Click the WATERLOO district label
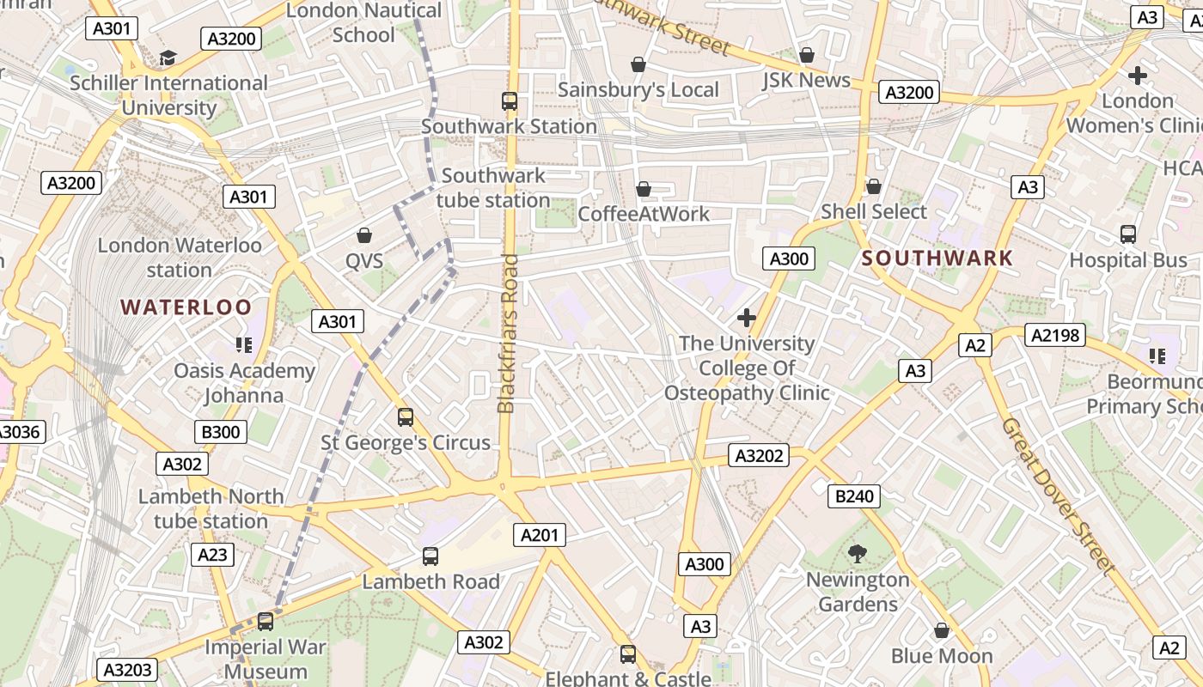186,307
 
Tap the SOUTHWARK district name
937,258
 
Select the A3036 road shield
19,431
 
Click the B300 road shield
220,431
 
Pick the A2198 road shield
1054,335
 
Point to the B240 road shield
854,495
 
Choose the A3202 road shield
760,455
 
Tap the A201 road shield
540,535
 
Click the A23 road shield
212,555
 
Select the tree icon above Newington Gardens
857,554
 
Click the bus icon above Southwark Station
510,101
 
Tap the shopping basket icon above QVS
364,235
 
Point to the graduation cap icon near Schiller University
168,58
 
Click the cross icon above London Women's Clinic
1138,76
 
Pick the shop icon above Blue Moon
942,630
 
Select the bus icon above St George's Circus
406,417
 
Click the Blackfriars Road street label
509,333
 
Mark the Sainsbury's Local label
638,90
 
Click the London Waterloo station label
179,258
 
